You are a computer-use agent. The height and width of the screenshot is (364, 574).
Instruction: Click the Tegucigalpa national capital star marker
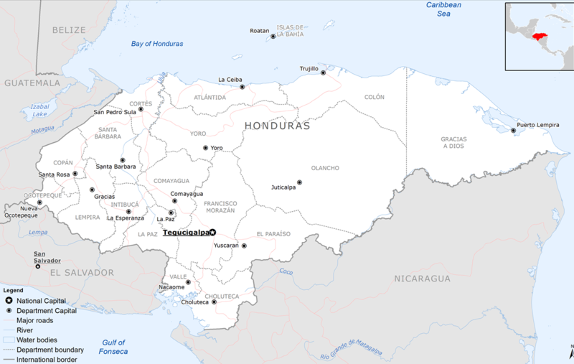pyautogui.click(x=212, y=232)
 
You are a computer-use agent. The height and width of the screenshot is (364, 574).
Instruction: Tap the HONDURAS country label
pyautogui.click(x=277, y=126)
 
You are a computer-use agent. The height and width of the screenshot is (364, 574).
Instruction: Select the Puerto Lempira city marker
pyautogui.click(x=513, y=130)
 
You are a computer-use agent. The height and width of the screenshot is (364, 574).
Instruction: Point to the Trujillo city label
pyautogui.click(x=309, y=69)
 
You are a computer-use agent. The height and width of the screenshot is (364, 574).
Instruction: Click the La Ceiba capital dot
pyautogui.click(x=243, y=87)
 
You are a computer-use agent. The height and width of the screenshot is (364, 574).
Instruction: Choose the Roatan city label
pyautogui.click(x=259, y=31)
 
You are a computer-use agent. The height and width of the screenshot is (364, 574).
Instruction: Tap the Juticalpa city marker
pyautogui.click(x=299, y=182)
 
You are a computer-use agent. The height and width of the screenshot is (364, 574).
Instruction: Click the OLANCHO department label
pyautogui.click(x=325, y=168)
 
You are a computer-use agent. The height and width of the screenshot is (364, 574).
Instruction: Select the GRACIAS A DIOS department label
pyautogui.click(x=453, y=142)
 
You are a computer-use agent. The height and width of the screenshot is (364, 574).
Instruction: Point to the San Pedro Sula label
pyautogui.click(x=115, y=112)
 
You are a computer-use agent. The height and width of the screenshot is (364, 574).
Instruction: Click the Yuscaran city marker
pyautogui.click(x=244, y=246)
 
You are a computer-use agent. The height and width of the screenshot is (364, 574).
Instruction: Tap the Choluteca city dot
pyautogui.click(x=214, y=302)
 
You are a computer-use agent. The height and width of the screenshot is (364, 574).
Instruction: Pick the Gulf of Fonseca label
pyautogui.click(x=113, y=347)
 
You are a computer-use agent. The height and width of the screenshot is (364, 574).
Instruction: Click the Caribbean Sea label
pyautogui.click(x=443, y=9)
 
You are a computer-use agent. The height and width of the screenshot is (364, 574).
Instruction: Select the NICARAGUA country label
pyautogui.click(x=423, y=279)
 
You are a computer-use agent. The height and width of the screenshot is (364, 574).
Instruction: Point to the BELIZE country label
pyautogui.click(x=69, y=30)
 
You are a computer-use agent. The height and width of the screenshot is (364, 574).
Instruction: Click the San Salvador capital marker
pyautogui.click(x=38, y=266)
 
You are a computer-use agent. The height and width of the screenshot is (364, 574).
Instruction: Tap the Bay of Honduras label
pyautogui.click(x=157, y=44)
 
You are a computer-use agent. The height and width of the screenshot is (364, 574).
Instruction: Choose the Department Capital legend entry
pyautogui.click(x=41, y=310)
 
